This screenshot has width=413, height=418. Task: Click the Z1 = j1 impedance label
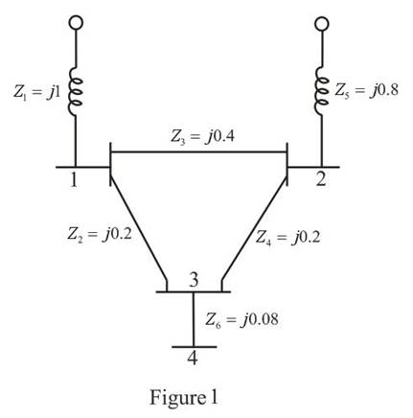(36, 91)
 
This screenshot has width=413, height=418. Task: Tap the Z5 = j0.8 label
(366, 90)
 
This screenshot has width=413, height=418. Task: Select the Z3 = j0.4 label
(202, 137)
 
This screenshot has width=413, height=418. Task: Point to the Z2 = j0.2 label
(100, 235)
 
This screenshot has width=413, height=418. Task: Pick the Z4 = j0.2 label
(287, 238)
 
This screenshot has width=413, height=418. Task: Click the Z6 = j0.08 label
(241, 319)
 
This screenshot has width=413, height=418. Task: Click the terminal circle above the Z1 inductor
(76, 23)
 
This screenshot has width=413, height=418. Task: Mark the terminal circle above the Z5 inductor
(322, 23)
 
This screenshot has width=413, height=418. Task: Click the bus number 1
(74, 180)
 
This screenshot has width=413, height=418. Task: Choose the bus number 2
(321, 179)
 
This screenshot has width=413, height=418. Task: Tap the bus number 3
(194, 280)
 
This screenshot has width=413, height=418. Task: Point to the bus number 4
(193, 358)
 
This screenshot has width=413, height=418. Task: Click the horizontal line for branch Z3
(198, 151)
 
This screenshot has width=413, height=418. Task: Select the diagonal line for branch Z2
(139, 229)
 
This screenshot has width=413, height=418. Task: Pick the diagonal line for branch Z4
(254, 229)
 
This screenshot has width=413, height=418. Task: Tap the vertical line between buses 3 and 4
(194, 319)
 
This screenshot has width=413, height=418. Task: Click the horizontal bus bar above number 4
(195, 347)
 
